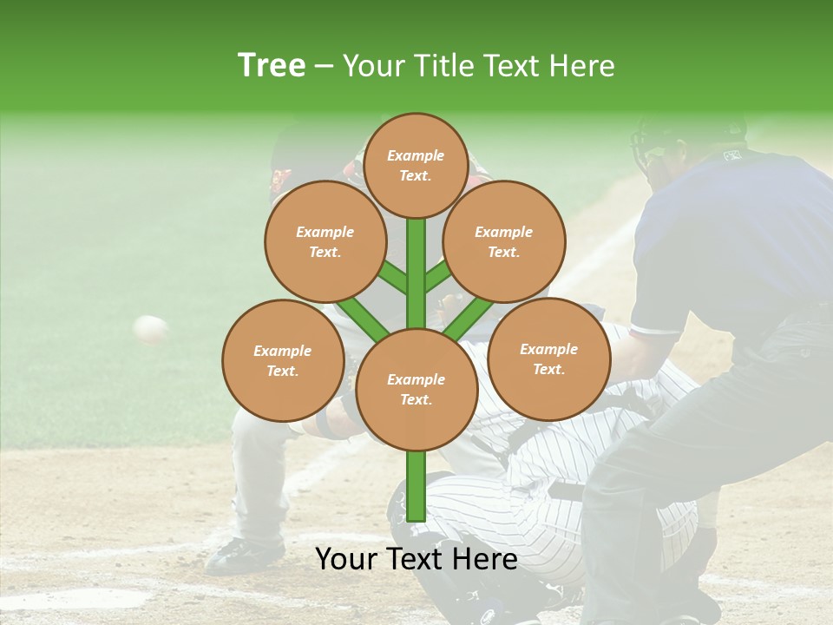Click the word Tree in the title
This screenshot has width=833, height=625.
(x=272, y=66)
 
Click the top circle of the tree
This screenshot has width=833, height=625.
(x=416, y=165)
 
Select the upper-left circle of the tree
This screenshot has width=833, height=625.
(x=325, y=241)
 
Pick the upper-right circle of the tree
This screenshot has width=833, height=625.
(x=504, y=241)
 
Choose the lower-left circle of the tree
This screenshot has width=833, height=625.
(x=283, y=360)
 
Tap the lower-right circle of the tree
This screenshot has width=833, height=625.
(x=548, y=359)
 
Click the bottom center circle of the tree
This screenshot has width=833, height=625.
(x=416, y=389)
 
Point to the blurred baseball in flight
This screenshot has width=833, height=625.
(x=150, y=329)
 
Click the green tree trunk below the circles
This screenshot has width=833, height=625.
(x=416, y=486)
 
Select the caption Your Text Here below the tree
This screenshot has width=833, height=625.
(x=416, y=559)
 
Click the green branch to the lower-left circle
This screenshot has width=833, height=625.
(x=364, y=317)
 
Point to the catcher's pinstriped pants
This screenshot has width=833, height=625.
(x=538, y=486)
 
